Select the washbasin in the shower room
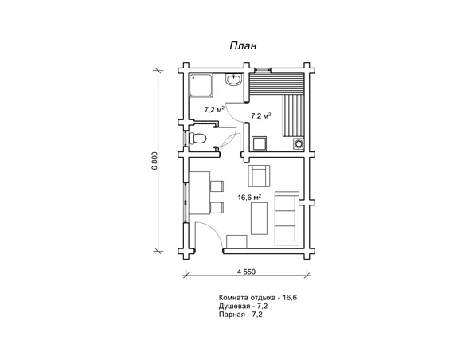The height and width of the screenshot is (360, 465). (233, 80)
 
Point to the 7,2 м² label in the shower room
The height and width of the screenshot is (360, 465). (213, 108)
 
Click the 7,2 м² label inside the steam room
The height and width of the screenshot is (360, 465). (261, 115)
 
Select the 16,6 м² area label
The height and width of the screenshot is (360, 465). (249, 195)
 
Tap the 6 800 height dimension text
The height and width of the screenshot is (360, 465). (155, 162)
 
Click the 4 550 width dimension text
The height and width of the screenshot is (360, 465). (246, 271)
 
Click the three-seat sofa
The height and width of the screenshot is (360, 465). (287, 217)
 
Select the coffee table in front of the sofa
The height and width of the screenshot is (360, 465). (258, 217)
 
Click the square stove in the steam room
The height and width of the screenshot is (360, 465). (260, 143)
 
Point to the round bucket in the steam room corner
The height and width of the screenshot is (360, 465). (299, 144)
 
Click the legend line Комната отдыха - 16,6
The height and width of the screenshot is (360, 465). (256, 297)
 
